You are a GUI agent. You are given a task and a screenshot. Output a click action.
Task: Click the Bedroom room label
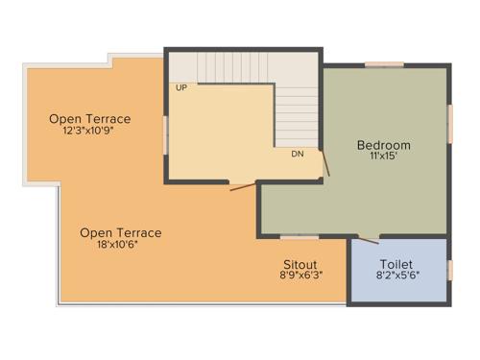[383, 146]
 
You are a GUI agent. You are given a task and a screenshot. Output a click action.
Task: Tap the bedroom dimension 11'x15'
[383, 157]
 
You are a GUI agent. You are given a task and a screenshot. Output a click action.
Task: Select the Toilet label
[396, 264]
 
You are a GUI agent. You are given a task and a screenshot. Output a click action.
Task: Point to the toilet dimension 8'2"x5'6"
[396, 276]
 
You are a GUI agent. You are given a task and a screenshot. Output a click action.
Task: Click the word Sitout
[300, 264]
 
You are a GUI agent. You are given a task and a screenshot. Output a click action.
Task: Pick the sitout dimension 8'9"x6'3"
[300, 276]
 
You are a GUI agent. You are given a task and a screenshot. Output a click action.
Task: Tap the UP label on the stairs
[180, 87]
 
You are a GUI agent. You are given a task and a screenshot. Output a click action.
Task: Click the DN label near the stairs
[298, 153]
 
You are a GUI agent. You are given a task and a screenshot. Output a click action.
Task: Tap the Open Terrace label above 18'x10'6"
[120, 232]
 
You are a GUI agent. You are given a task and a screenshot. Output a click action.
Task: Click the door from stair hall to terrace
[242, 184]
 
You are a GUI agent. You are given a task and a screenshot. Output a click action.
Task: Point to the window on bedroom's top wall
[383, 64]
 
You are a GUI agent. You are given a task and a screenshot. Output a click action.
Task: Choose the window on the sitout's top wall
[299, 235]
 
